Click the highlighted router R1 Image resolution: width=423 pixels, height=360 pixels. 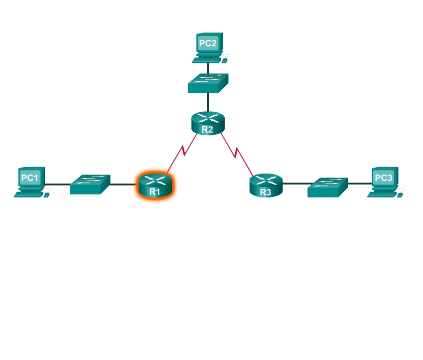point(155,185)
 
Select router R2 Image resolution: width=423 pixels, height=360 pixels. point(208,123)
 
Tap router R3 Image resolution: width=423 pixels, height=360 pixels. point(266,185)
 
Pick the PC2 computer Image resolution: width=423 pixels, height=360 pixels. point(210,48)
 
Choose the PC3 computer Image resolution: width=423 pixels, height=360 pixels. point(386,182)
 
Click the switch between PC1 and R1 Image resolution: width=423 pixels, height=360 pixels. point(90,184)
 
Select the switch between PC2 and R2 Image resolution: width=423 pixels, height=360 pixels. point(208,83)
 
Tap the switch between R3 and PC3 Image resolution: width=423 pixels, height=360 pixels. point(328,187)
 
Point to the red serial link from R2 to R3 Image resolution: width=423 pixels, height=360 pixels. point(237,154)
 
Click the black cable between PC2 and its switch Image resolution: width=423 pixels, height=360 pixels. point(208,69)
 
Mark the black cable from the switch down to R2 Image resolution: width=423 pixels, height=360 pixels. point(208,102)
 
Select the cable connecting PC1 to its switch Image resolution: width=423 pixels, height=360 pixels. point(57,184)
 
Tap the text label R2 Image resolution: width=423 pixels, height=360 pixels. point(207,130)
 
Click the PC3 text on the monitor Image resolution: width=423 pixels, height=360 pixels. point(383,178)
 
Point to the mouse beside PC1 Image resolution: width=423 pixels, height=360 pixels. point(46,195)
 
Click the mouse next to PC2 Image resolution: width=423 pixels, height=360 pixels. point(224,61)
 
